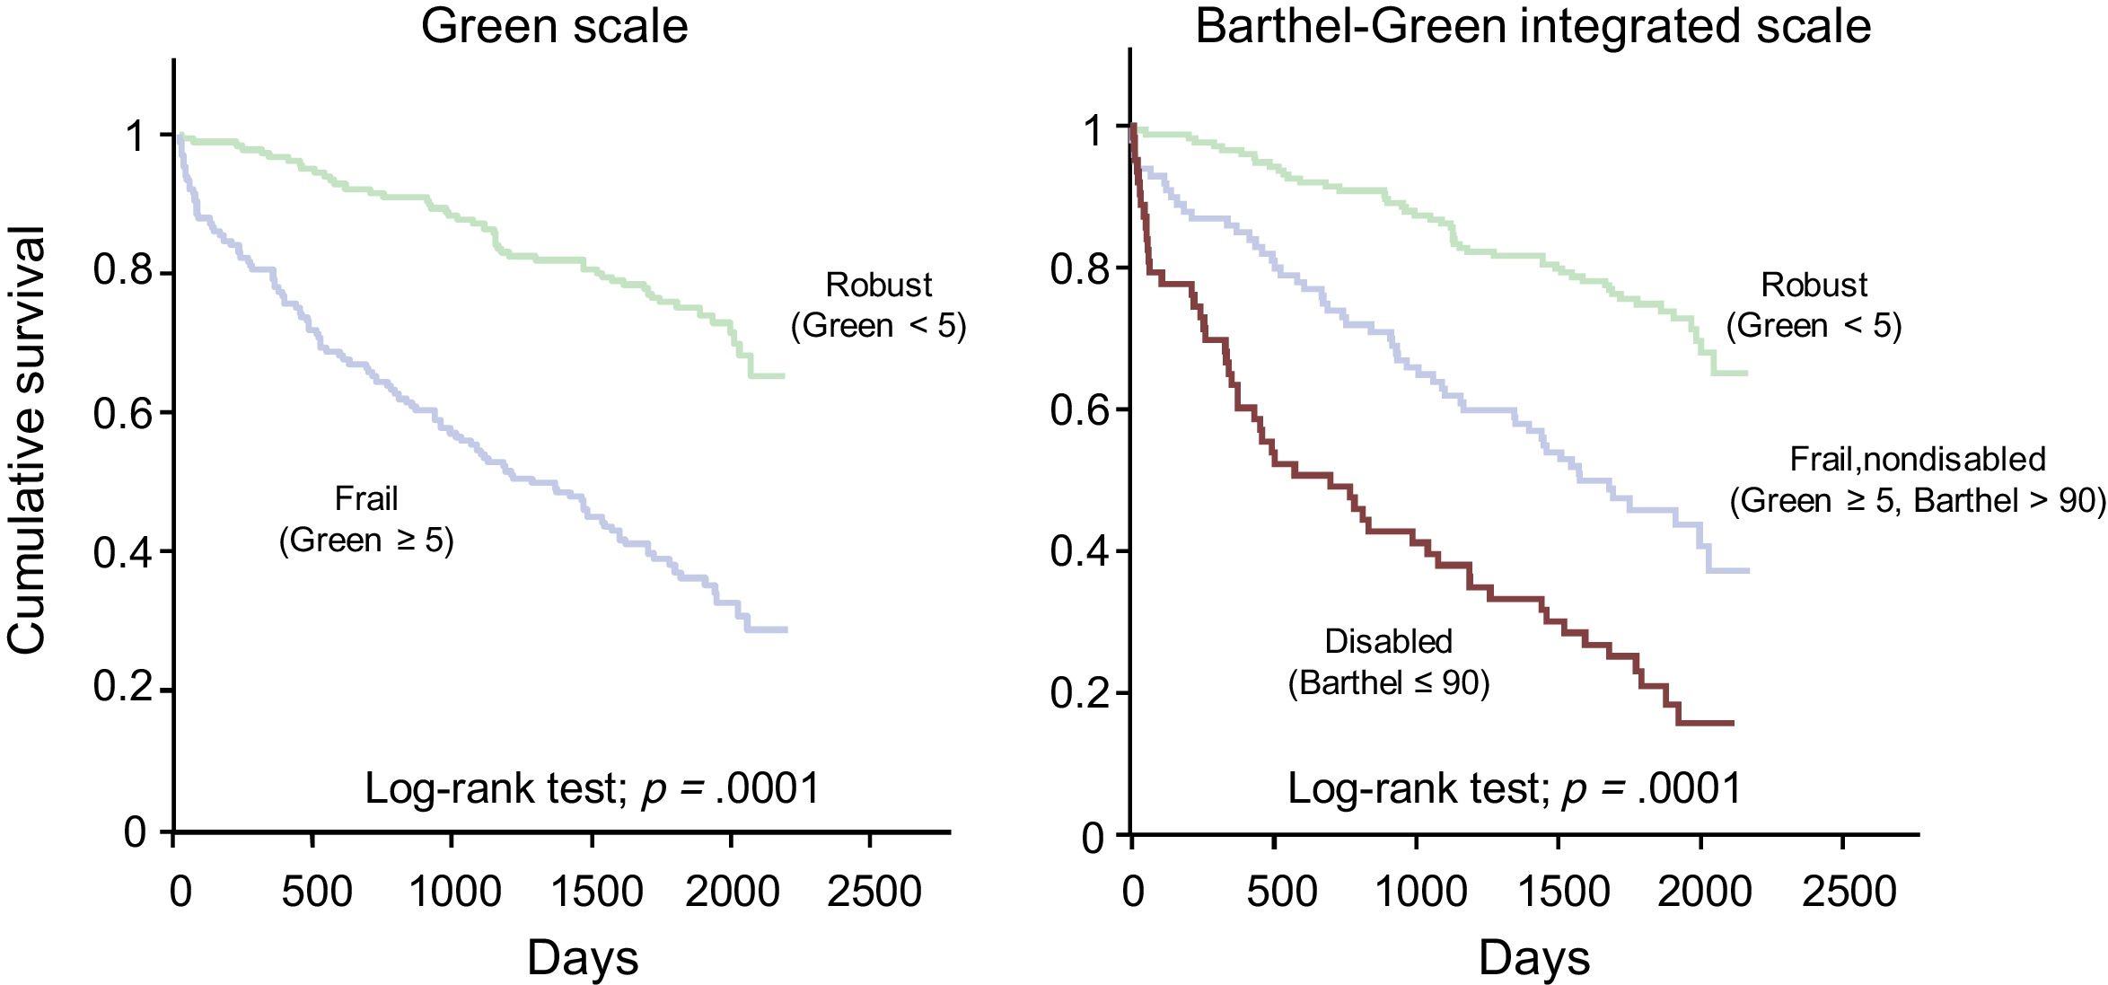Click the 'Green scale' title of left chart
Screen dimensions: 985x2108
pos(554,25)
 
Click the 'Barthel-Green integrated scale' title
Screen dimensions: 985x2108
pos(1533,25)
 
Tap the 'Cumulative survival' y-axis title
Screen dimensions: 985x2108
pos(27,440)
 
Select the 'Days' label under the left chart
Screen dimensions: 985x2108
pos(583,957)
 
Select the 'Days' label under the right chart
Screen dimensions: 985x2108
pos(1534,957)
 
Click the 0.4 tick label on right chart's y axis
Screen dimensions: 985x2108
pos(1080,550)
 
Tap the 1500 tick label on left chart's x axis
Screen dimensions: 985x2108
pos(596,892)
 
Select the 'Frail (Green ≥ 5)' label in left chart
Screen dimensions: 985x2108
pos(366,519)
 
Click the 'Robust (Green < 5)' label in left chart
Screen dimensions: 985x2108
pos(878,305)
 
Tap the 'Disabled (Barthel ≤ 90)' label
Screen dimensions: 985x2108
pos(1388,662)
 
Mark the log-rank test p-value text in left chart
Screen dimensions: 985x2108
pos(593,788)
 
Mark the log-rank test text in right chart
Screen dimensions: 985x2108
pos(1515,788)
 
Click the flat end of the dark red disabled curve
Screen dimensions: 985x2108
pos(1706,723)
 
